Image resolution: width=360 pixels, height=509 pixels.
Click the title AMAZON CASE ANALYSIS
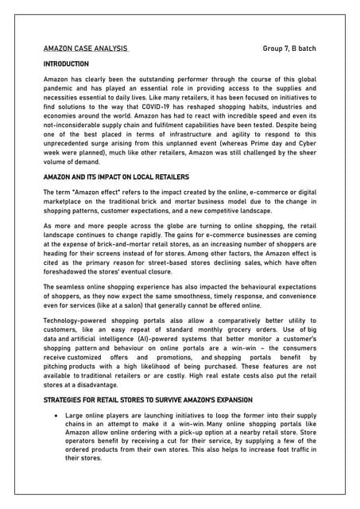(86, 49)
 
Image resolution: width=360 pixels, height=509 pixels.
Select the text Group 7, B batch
(289, 49)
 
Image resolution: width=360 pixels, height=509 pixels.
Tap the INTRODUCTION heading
(66, 64)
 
